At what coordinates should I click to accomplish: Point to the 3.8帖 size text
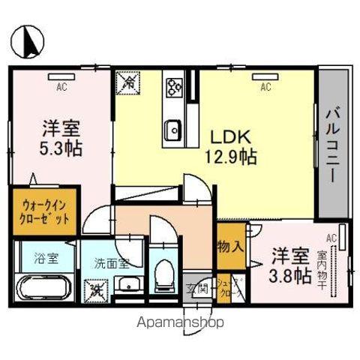click(x=290, y=274)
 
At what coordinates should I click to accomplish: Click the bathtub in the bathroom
click(x=42, y=288)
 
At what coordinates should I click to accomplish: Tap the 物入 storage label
click(x=230, y=246)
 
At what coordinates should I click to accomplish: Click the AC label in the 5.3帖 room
click(x=60, y=85)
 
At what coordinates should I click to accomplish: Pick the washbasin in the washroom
click(x=128, y=284)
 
